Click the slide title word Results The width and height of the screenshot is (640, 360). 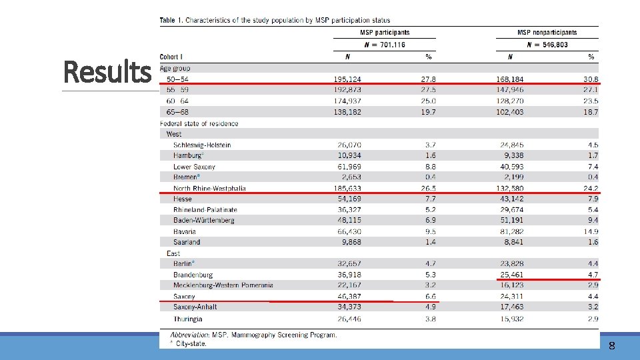[107, 71]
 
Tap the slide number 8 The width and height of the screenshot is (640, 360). [611, 345]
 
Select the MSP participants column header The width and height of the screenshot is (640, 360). [385, 32]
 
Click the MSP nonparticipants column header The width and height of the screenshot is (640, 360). [547, 32]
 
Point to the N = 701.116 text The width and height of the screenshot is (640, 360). [385, 45]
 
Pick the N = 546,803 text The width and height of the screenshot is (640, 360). [547, 45]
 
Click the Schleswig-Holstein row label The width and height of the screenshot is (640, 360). [202, 145]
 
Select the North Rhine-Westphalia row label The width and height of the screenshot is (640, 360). [209, 188]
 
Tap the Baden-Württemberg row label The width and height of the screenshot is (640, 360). [203, 220]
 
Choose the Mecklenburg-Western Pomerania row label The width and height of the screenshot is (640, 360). [223, 285]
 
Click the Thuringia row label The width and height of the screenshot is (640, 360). [188, 318]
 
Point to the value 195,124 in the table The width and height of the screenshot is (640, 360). [347, 79]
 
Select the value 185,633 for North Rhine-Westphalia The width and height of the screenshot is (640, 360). [347, 188]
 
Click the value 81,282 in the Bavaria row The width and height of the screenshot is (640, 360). [511, 231]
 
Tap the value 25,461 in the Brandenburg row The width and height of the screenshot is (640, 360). [511, 274]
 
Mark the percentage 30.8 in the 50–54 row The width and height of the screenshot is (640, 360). [590, 79]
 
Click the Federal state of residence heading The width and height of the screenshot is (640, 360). [199, 123]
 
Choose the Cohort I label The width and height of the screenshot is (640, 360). [172, 57]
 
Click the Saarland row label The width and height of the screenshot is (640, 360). [187, 242]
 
